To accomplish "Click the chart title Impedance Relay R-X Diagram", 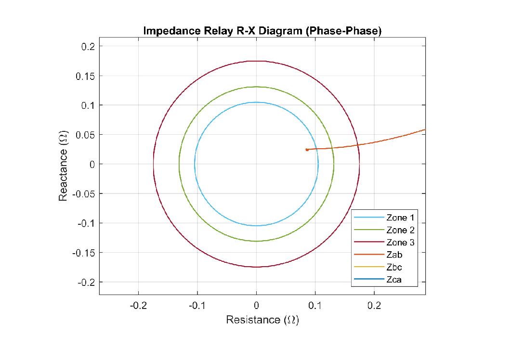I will pos(262,31).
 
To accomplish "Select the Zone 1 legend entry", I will pos(400,218).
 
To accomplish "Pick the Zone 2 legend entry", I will pos(400,230).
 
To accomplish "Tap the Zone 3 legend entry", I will pos(400,243).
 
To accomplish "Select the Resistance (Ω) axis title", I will pos(262,320).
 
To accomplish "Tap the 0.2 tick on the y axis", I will pos(89,46).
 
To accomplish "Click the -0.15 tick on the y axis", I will pos(84,253).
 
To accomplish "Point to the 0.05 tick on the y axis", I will pos(87,135).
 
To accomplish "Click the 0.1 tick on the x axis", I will pos(315,305).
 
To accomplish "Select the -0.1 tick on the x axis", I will pos(197,305).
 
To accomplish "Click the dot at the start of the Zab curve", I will pos(307,150).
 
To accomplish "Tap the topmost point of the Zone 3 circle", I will pos(256,61).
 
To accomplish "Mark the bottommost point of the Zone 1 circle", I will pos(256,226).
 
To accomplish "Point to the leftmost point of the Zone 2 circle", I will pos(179,164).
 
